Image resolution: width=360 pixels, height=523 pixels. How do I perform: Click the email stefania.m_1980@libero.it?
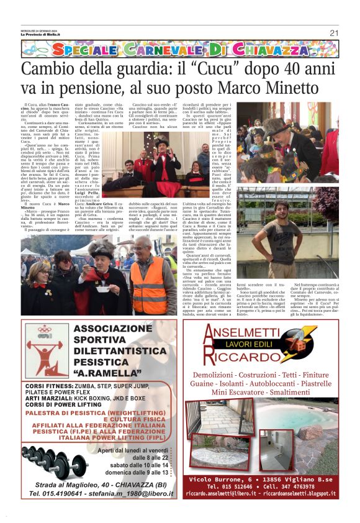(130, 494)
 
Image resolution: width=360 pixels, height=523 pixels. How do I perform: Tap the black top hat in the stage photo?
(163, 144)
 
